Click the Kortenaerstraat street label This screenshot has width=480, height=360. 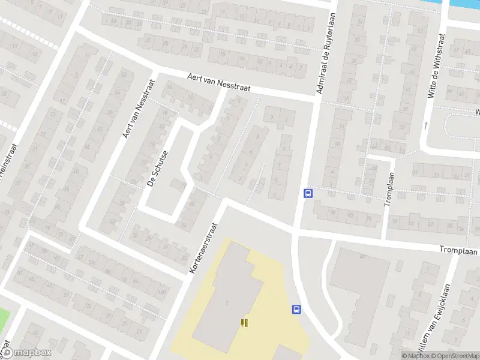click(202, 247)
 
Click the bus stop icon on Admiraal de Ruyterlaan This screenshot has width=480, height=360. click(308, 193)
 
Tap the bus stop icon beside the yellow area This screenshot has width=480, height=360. click(296, 310)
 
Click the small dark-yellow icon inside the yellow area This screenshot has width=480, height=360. click(244, 323)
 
